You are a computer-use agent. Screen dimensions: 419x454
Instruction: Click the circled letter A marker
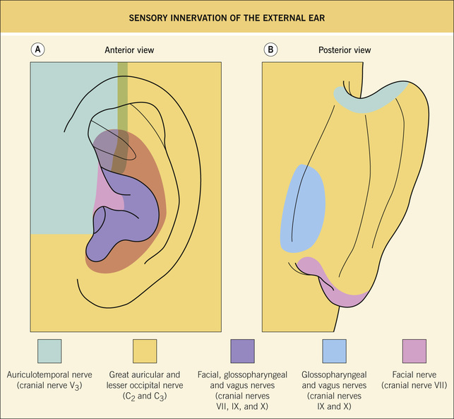[38, 50]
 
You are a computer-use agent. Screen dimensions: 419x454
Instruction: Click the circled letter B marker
[270, 50]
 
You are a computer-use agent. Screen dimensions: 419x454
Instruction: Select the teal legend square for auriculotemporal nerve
[49, 350]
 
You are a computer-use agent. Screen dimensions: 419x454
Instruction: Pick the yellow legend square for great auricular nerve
[145, 350]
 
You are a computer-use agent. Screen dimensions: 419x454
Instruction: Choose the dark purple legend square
[242, 350]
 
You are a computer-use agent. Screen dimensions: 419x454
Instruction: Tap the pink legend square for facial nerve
[414, 350]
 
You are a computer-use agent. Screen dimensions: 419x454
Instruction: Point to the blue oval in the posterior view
[304, 208]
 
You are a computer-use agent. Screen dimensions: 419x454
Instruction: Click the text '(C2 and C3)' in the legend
[145, 396]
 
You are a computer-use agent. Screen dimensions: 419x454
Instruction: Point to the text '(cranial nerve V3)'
[49, 385]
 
